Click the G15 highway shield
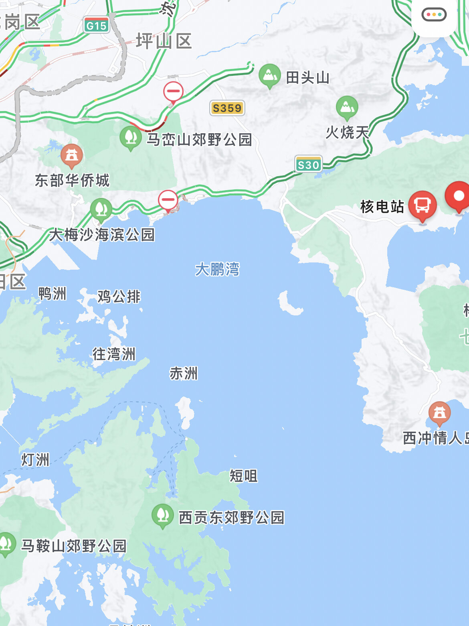click(97, 25)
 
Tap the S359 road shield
click(227, 108)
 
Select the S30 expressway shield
click(308, 165)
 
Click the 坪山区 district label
click(164, 41)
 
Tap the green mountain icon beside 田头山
click(269, 75)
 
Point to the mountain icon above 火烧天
click(347, 108)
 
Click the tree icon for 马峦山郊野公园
click(130, 137)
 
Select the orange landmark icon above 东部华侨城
click(72, 155)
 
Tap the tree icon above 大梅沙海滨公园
click(101, 209)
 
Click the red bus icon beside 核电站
click(422, 205)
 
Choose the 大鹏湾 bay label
click(217, 269)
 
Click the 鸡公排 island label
click(119, 297)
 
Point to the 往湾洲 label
click(114, 354)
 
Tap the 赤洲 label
click(184, 373)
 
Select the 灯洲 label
click(35, 459)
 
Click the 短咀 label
click(243, 476)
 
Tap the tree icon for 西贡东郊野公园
click(162, 515)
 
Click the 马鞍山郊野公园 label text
click(74, 546)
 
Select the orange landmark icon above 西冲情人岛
click(439, 413)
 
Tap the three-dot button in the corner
click(434, 15)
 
